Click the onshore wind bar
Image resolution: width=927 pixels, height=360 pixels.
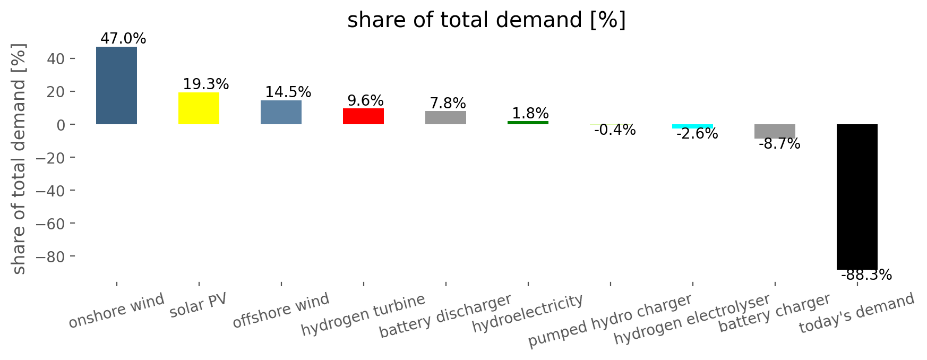(x=116, y=85)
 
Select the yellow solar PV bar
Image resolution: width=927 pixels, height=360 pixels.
(x=199, y=108)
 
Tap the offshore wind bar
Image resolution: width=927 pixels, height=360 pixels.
(x=281, y=112)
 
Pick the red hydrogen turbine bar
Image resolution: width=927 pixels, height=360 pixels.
(x=363, y=116)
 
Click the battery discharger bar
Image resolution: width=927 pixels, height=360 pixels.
(x=445, y=117)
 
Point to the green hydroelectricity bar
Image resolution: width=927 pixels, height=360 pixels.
(x=528, y=123)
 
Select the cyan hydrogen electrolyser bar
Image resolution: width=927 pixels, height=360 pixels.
(x=692, y=126)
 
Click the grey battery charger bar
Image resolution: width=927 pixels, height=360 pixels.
(x=775, y=131)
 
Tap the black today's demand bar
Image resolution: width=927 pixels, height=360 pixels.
(x=857, y=197)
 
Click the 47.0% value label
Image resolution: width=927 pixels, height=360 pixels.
(x=123, y=39)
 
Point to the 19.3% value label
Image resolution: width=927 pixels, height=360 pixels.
(x=206, y=84)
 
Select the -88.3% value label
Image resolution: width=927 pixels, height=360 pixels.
(x=866, y=275)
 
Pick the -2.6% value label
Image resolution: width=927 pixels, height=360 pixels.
(x=697, y=134)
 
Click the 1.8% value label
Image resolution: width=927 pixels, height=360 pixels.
(x=530, y=114)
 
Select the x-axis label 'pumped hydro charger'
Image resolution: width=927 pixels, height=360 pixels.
(x=610, y=321)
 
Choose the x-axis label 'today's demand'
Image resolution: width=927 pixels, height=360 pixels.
(x=857, y=313)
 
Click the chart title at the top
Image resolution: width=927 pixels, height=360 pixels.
(x=487, y=20)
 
